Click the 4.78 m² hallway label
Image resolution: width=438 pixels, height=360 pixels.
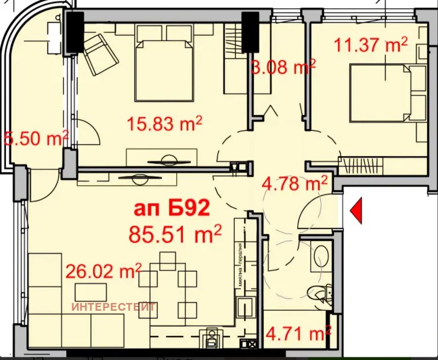click(295, 182)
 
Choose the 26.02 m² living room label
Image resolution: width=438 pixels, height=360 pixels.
click(103, 271)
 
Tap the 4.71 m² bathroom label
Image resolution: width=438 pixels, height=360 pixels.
click(298, 332)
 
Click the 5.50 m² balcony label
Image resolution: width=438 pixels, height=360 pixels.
click(36, 138)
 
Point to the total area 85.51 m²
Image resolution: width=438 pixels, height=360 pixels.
click(175, 234)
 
